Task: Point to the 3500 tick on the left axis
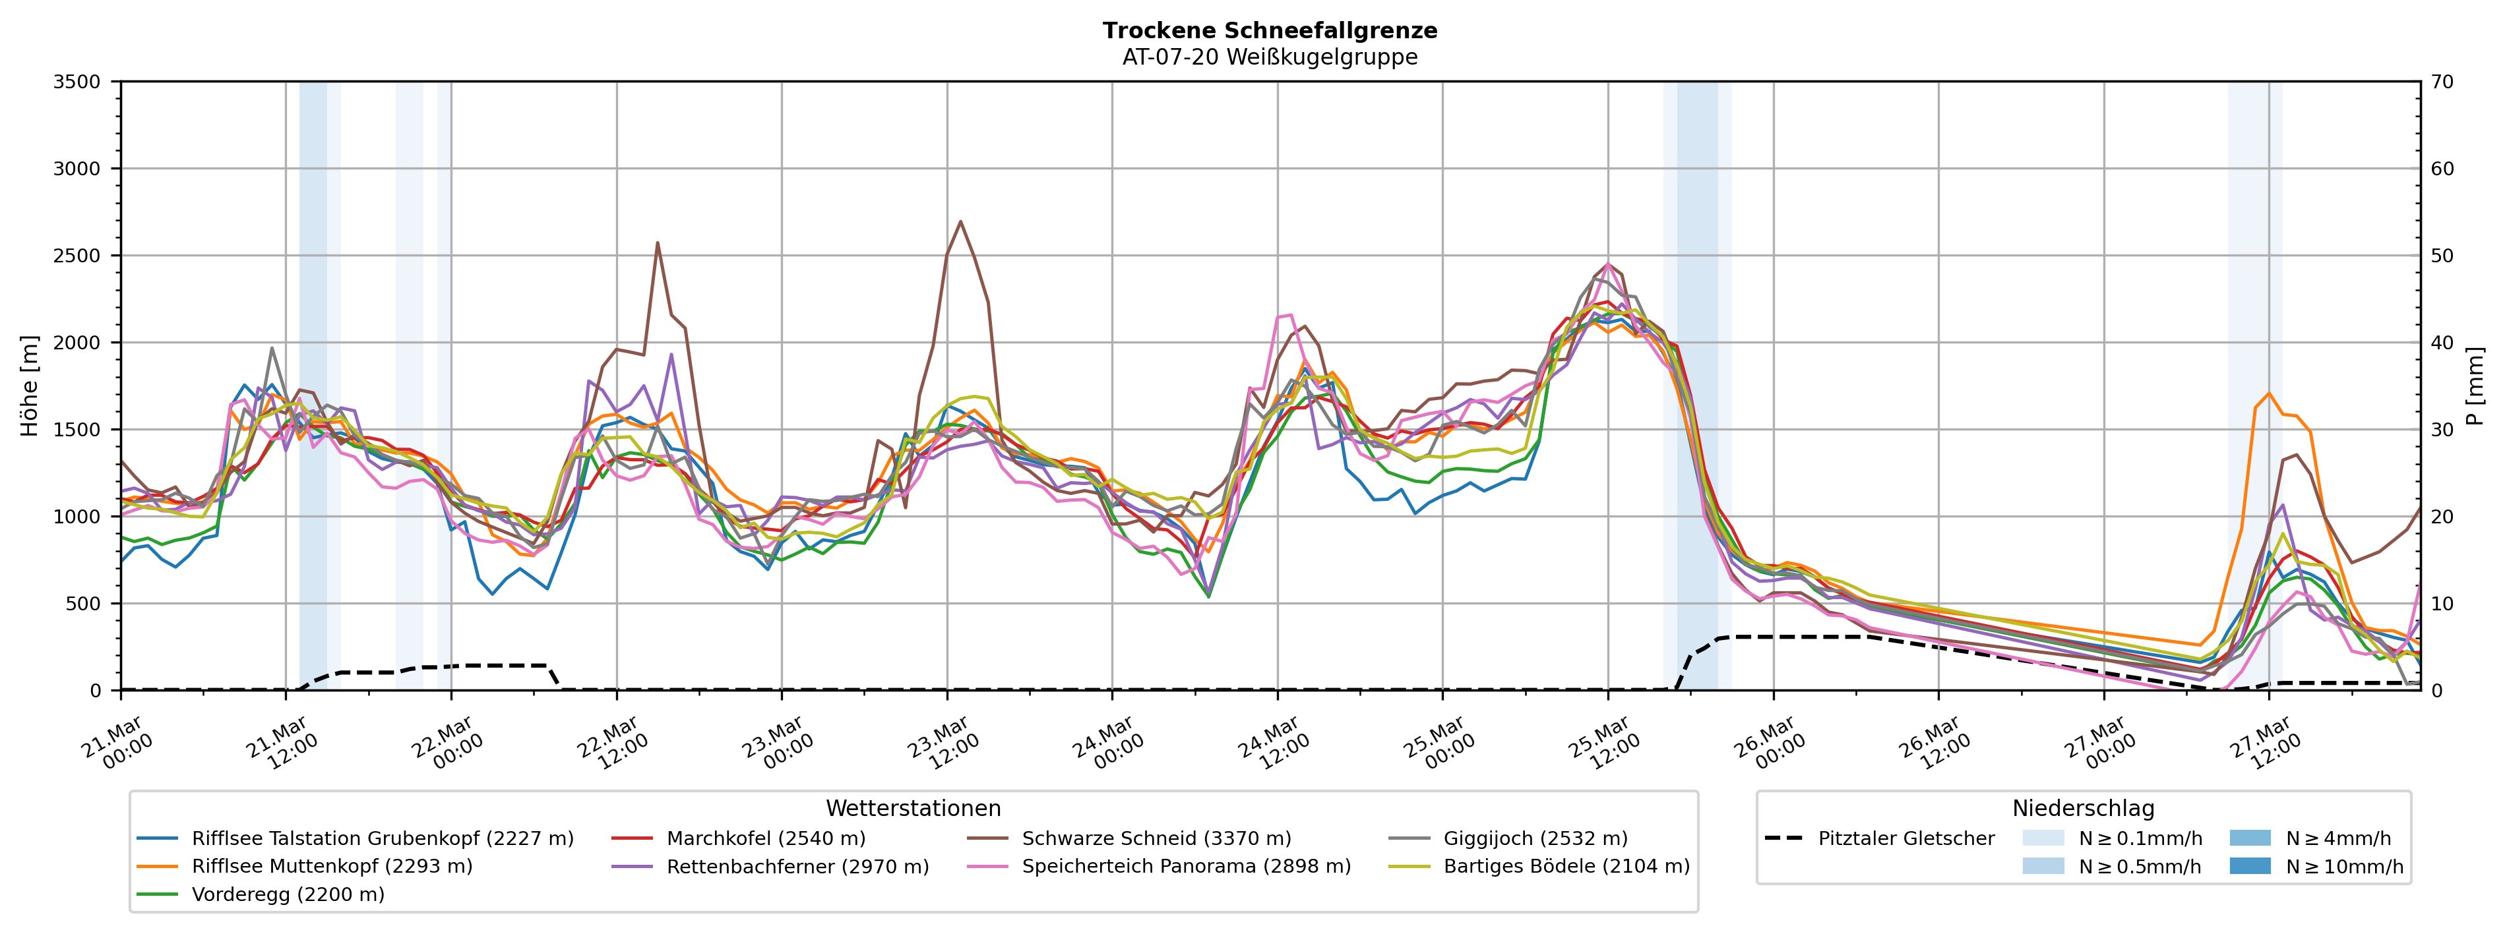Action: pyautogui.click(x=77, y=82)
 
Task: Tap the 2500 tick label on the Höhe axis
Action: pyautogui.click(x=77, y=256)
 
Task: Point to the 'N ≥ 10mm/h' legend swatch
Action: pyautogui.click(x=2249, y=867)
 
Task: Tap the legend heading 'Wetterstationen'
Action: pyautogui.click(x=913, y=809)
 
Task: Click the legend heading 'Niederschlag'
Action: pyautogui.click(x=2083, y=809)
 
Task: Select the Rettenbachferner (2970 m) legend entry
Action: pyautogui.click(x=797, y=867)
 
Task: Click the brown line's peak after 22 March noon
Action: pyautogui.click(x=658, y=243)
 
